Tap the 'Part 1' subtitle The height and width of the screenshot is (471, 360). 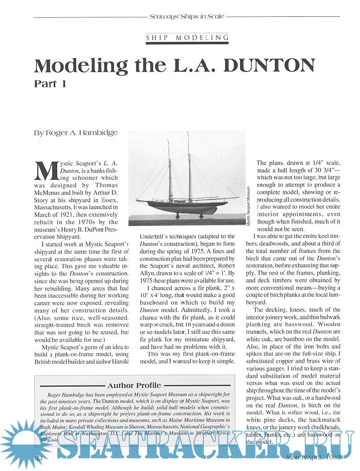pos(50,83)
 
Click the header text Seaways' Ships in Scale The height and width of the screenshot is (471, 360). pos(186,16)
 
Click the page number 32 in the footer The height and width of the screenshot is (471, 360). pos(38,457)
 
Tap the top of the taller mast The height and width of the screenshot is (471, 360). pos(188,133)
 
